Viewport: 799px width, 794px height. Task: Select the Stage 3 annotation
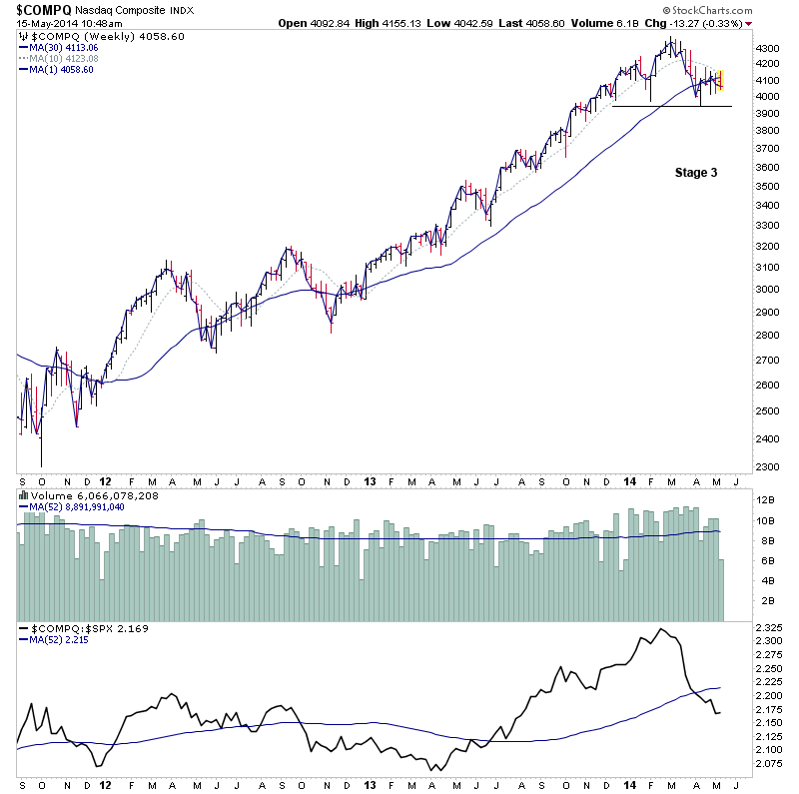pyautogui.click(x=695, y=172)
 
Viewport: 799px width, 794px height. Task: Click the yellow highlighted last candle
pyautogui.click(x=720, y=79)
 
